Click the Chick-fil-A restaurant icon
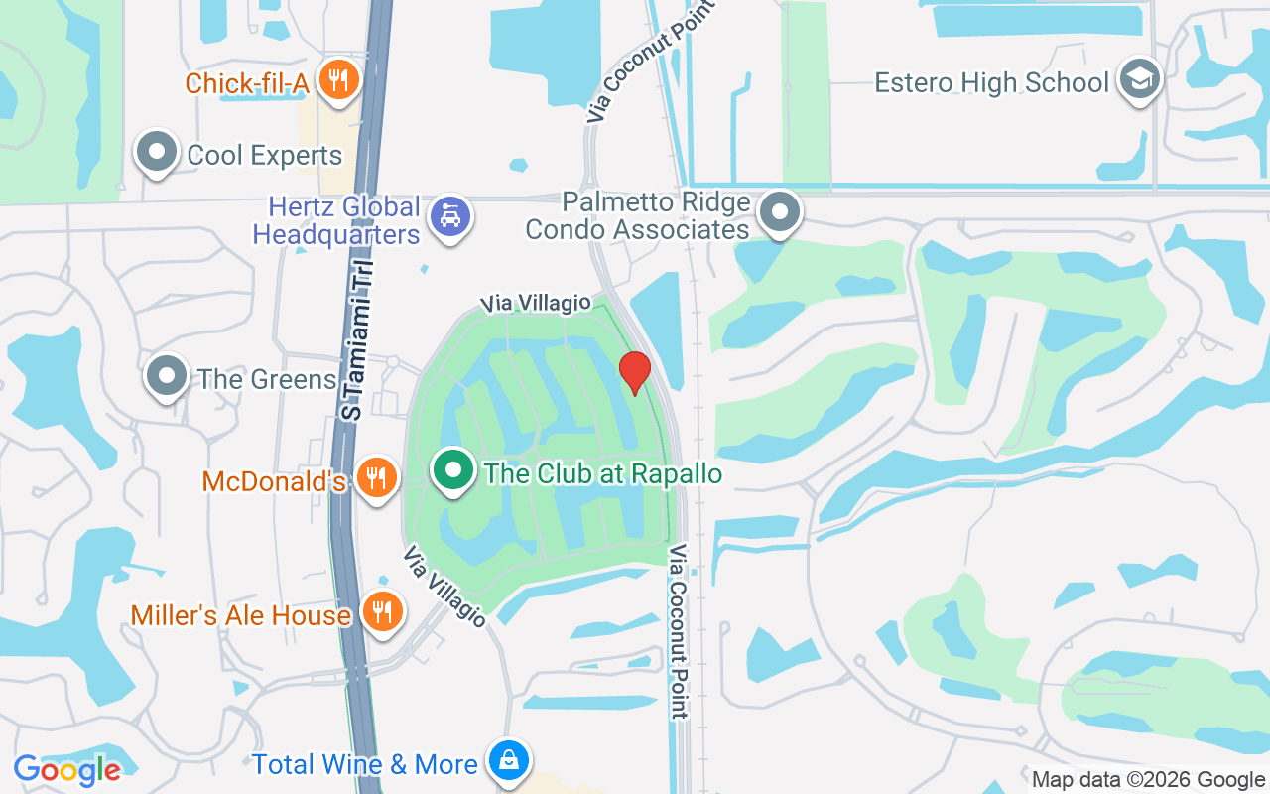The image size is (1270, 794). pos(339,79)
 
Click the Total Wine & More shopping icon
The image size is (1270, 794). pos(508,761)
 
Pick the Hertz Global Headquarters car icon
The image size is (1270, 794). pos(450,215)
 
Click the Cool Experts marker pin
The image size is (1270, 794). pos(157,152)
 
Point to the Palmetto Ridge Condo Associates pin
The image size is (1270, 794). pos(780,211)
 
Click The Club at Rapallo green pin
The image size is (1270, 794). pos(453,469)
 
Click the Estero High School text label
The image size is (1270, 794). pos(991,82)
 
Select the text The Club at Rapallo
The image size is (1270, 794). pos(603,473)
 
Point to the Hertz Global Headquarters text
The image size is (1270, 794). pos(337,221)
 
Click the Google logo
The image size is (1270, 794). pos(67,770)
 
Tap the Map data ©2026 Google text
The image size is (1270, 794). pos(1147,780)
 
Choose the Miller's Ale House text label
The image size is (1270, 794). pos(241,615)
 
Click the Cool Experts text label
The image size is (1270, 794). pos(264,156)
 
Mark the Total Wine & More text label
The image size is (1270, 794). pos(365,765)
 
